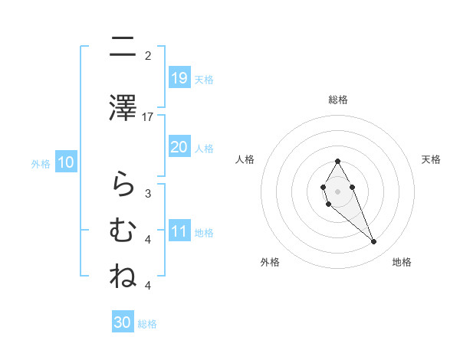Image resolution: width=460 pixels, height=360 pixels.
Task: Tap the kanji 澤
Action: pos(123,107)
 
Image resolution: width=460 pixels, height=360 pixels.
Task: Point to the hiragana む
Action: pos(123,230)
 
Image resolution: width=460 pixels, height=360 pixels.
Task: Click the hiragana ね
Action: pos(123,277)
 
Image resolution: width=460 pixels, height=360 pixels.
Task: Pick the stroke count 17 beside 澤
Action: pos(149,116)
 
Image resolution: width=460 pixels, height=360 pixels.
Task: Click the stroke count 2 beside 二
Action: pos(148,55)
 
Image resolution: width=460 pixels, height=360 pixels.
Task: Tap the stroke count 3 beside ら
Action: pos(148,193)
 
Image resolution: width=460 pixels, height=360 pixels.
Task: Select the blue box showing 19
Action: pos(179,77)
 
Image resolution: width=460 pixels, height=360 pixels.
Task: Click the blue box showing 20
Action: pos(179,146)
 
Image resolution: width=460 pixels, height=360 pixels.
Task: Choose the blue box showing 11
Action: pos(179,231)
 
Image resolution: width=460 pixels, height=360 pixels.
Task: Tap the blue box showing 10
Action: pos(66,162)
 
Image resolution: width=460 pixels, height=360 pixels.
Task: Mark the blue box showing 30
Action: pos(123,322)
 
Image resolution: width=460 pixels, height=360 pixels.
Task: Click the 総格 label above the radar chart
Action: pos(337,100)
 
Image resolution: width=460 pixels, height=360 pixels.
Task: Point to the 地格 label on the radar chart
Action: pos(402,262)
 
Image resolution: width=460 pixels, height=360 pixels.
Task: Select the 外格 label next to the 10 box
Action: pos(41,163)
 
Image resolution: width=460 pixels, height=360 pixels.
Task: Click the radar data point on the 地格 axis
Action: pos(373,242)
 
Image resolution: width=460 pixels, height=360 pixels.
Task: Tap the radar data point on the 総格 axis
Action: pos(337,161)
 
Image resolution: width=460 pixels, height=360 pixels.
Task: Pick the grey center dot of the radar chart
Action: pos(337,190)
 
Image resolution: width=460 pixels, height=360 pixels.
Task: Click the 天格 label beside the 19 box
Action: pos(203,79)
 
